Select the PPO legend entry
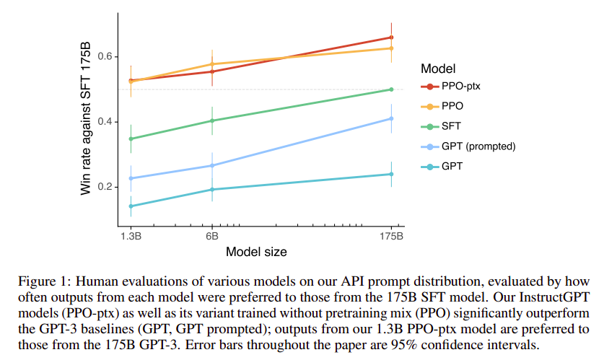[x=454, y=106]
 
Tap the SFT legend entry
[x=453, y=126]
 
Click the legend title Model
[x=438, y=69]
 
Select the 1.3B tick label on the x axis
[x=131, y=235]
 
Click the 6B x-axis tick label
[x=212, y=235]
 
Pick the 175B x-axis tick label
[x=390, y=235]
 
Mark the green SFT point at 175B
[x=391, y=89]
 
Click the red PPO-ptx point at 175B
[x=391, y=38]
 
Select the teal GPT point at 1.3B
[x=131, y=206]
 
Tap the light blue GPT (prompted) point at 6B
[x=212, y=165]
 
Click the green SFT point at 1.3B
[x=131, y=139]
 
